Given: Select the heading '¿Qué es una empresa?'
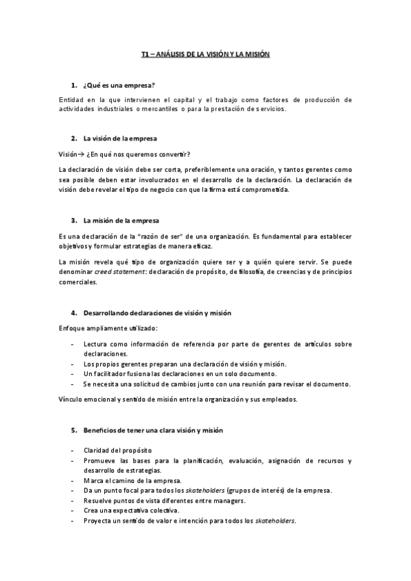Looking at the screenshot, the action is click(119, 85).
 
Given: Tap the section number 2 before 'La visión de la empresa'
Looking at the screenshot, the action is click(73, 138).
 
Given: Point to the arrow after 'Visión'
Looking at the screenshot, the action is click(80, 153).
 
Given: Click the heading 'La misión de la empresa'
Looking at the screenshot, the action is click(121, 221).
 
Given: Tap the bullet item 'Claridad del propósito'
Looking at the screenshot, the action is click(117, 450).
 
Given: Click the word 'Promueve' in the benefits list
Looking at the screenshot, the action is click(100, 460).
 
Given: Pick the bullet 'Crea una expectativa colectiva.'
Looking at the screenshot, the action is click(131, 511).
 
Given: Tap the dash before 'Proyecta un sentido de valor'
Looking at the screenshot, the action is click(73, 521).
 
